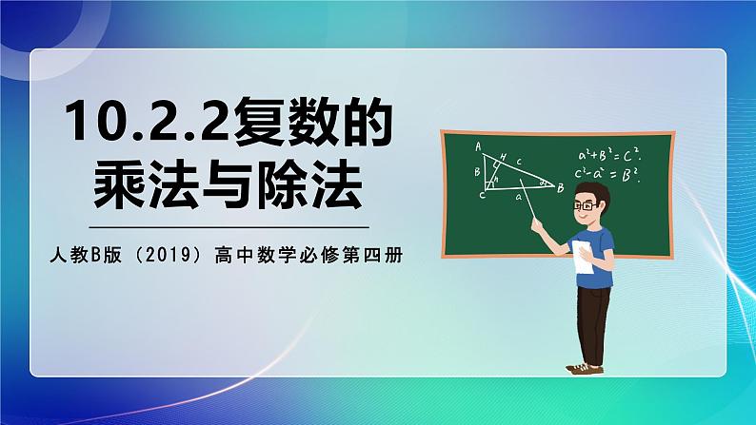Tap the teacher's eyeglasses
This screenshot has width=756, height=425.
coord(594,206)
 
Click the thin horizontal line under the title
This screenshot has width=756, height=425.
coord(229,227)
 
